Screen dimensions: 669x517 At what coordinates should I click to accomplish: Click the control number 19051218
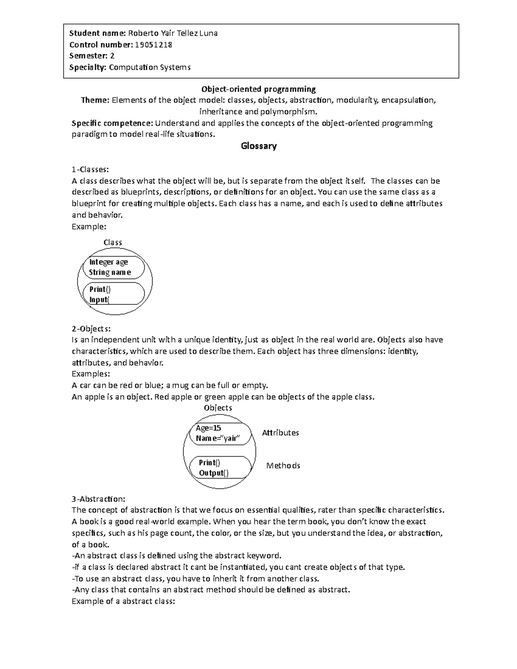pos(154,44)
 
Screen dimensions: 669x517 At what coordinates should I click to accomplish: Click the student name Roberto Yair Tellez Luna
pos(172,33)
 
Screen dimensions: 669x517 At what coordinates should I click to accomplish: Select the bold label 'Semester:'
pos(89,56)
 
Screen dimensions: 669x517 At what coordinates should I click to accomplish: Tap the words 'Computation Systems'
pos(149,67)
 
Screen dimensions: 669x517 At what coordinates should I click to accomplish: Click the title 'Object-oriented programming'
pos(258,89)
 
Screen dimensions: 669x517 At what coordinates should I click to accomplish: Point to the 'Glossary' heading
pos(258,146)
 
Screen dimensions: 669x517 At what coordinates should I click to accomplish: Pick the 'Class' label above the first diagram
pos(112,243)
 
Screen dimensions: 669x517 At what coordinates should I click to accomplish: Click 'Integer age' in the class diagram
pos(108,262)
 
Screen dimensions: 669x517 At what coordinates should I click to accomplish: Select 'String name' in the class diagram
pos(110,272)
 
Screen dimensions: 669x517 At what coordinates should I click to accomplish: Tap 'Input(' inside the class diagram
pos(99,300)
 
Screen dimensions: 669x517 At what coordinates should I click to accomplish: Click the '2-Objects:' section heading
pos(91,328)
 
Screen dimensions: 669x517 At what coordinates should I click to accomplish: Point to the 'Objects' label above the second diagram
pos(218,408)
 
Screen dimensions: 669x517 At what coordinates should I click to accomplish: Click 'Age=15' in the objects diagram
pos(208,428)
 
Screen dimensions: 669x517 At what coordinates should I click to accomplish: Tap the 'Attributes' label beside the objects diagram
pos(280,433)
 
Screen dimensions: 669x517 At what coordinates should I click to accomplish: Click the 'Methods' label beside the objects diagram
pos(283,465)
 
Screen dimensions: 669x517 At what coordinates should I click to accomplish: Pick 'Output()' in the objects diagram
pos(214,473)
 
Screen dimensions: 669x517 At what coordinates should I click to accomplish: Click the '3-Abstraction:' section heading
pos(98,499)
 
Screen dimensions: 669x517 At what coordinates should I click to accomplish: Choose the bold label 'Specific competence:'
pos(112,123)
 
